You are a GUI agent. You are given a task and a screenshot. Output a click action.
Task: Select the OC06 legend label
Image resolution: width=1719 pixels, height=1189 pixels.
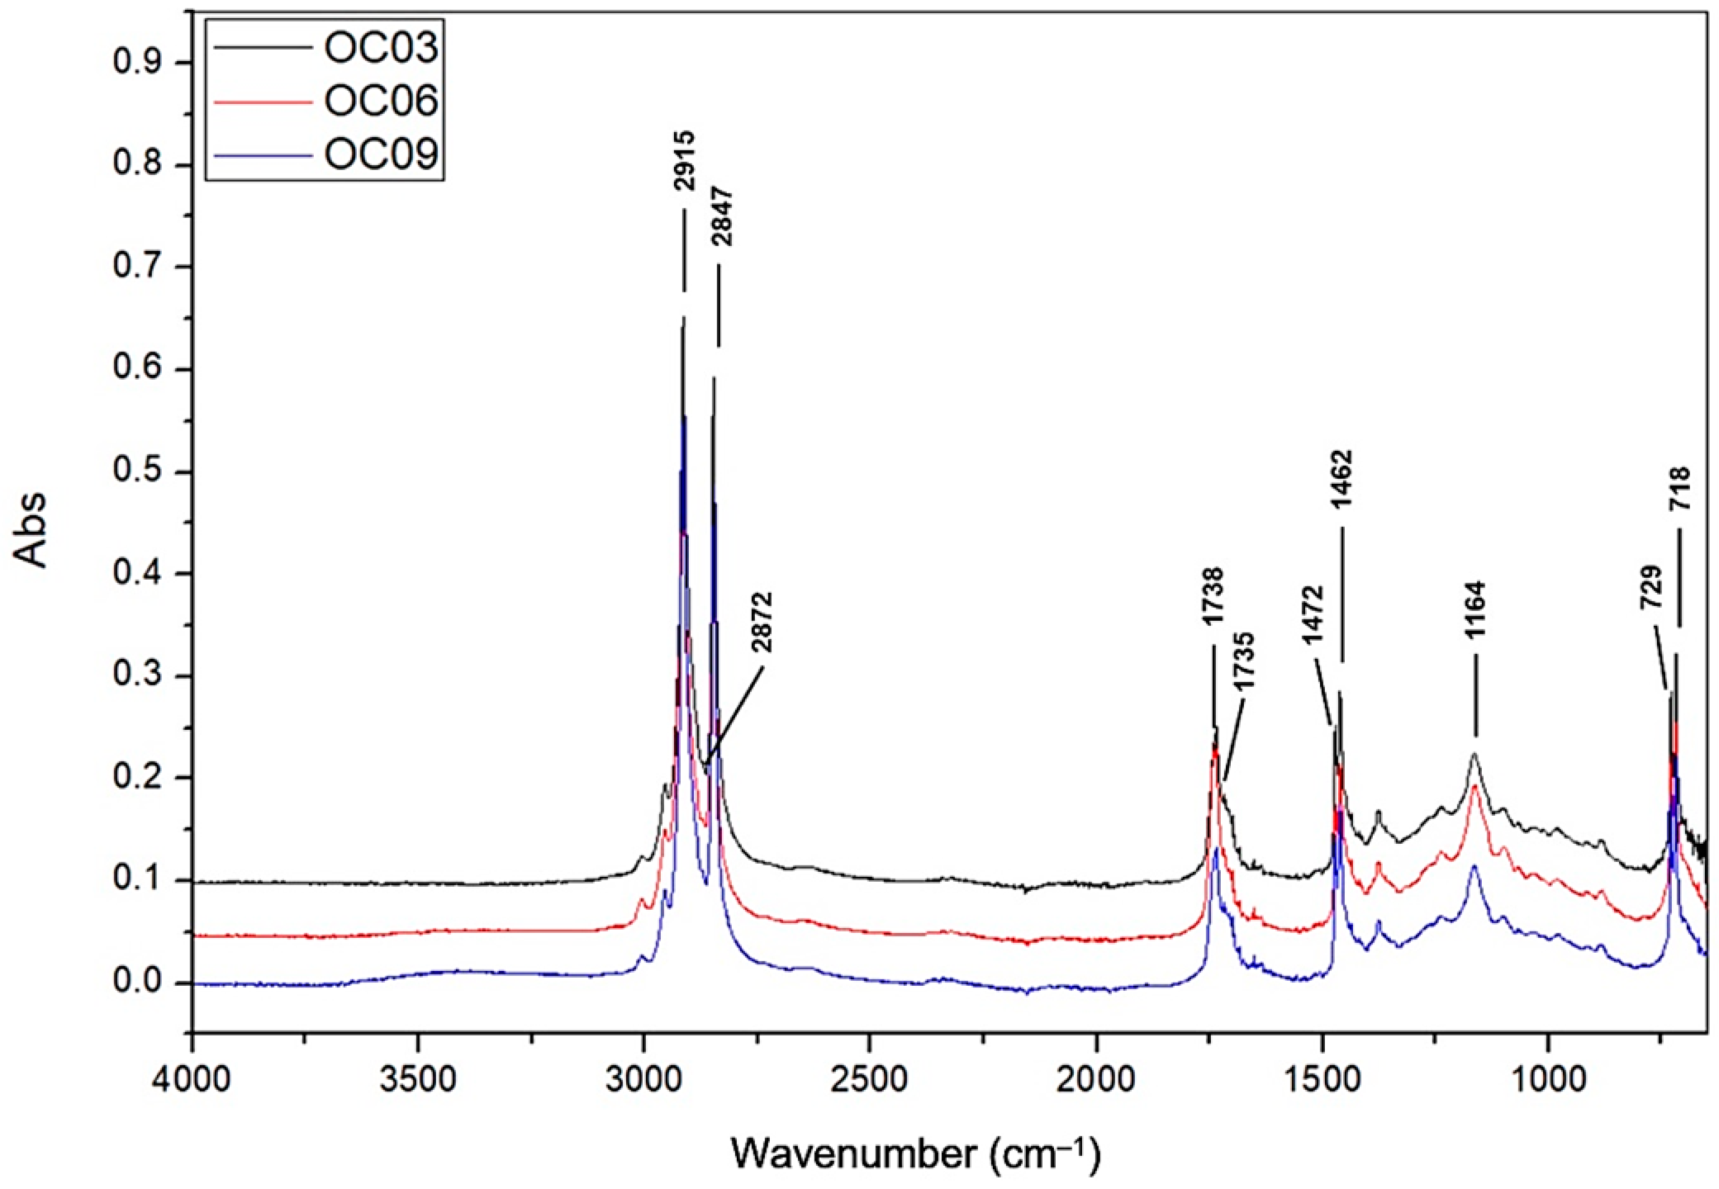(x=379, y=102)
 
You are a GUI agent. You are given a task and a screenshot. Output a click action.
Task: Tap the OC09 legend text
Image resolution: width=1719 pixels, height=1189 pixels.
(x=379, y=154)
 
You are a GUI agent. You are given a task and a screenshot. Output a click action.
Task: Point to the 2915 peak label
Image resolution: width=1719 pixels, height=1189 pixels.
(x=683, y=161)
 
